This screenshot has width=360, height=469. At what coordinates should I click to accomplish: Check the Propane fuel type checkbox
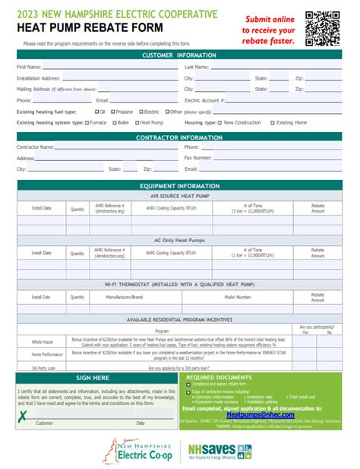114,111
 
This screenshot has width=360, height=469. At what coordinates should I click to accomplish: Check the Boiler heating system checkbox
111,121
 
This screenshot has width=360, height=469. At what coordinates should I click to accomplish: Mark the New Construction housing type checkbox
219,121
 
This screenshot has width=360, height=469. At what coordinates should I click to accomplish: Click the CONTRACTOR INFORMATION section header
179,137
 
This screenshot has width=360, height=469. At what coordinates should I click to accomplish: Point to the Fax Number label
199,158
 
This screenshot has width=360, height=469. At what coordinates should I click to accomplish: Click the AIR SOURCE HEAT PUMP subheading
179,195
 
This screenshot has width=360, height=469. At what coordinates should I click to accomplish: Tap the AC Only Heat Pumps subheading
179,240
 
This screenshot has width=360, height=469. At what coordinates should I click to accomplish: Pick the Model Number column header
237,297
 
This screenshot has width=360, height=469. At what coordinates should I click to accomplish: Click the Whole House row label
42,342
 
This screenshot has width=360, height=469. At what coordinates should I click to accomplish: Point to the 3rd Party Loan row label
43,367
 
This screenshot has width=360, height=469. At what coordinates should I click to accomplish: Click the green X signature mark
24,414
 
